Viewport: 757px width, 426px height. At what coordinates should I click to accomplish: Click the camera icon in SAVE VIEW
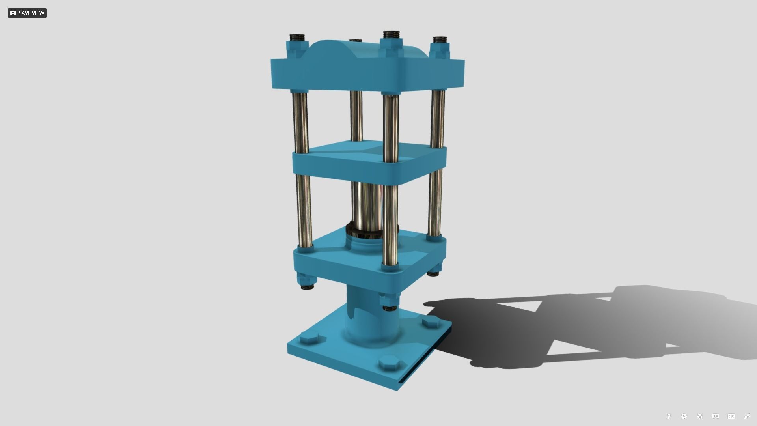point(13,13)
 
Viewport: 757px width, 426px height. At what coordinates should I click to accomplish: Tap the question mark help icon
point(668,416)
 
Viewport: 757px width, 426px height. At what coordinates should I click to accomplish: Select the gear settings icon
point(684,416)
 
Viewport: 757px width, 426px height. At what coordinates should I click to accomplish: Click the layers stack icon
point(700,416)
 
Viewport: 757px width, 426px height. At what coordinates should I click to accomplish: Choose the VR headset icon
point(715,416)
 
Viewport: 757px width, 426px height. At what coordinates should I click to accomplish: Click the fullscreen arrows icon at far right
point(747,416)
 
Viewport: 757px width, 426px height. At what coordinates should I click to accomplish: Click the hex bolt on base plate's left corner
point(309,338)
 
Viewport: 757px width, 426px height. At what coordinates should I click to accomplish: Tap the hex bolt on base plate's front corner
point(389,363)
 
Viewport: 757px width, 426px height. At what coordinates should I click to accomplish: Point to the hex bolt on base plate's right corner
point(431,322)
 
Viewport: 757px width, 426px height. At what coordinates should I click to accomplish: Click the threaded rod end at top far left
point(298,38)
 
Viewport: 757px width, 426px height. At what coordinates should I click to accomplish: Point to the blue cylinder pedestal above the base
point(365,319)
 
